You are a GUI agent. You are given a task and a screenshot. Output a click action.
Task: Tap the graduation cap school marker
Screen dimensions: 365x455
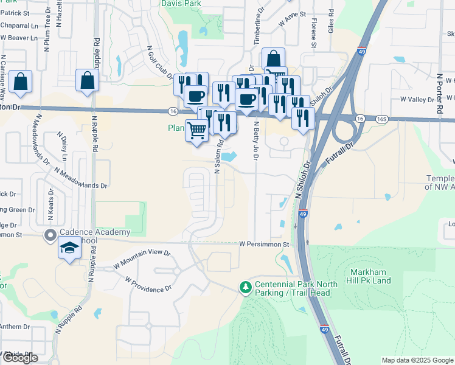(x=69, y=249)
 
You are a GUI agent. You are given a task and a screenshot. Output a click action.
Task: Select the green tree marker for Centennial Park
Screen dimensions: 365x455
(x=246, y=287)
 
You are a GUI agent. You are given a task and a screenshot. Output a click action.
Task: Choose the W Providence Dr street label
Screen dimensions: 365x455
(x=148, y=285)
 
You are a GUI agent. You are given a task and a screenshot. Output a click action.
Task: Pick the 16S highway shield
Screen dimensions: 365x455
(x=381, y=119)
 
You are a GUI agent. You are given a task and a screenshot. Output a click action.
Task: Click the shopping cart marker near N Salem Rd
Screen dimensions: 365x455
(x=196, y=130)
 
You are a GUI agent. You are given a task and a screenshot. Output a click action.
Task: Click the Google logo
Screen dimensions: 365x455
(x=21, y=358)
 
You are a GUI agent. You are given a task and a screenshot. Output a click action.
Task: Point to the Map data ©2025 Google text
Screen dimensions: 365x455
(x=417, y=360)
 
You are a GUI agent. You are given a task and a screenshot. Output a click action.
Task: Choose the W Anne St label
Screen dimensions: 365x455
(x=291, y=21)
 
